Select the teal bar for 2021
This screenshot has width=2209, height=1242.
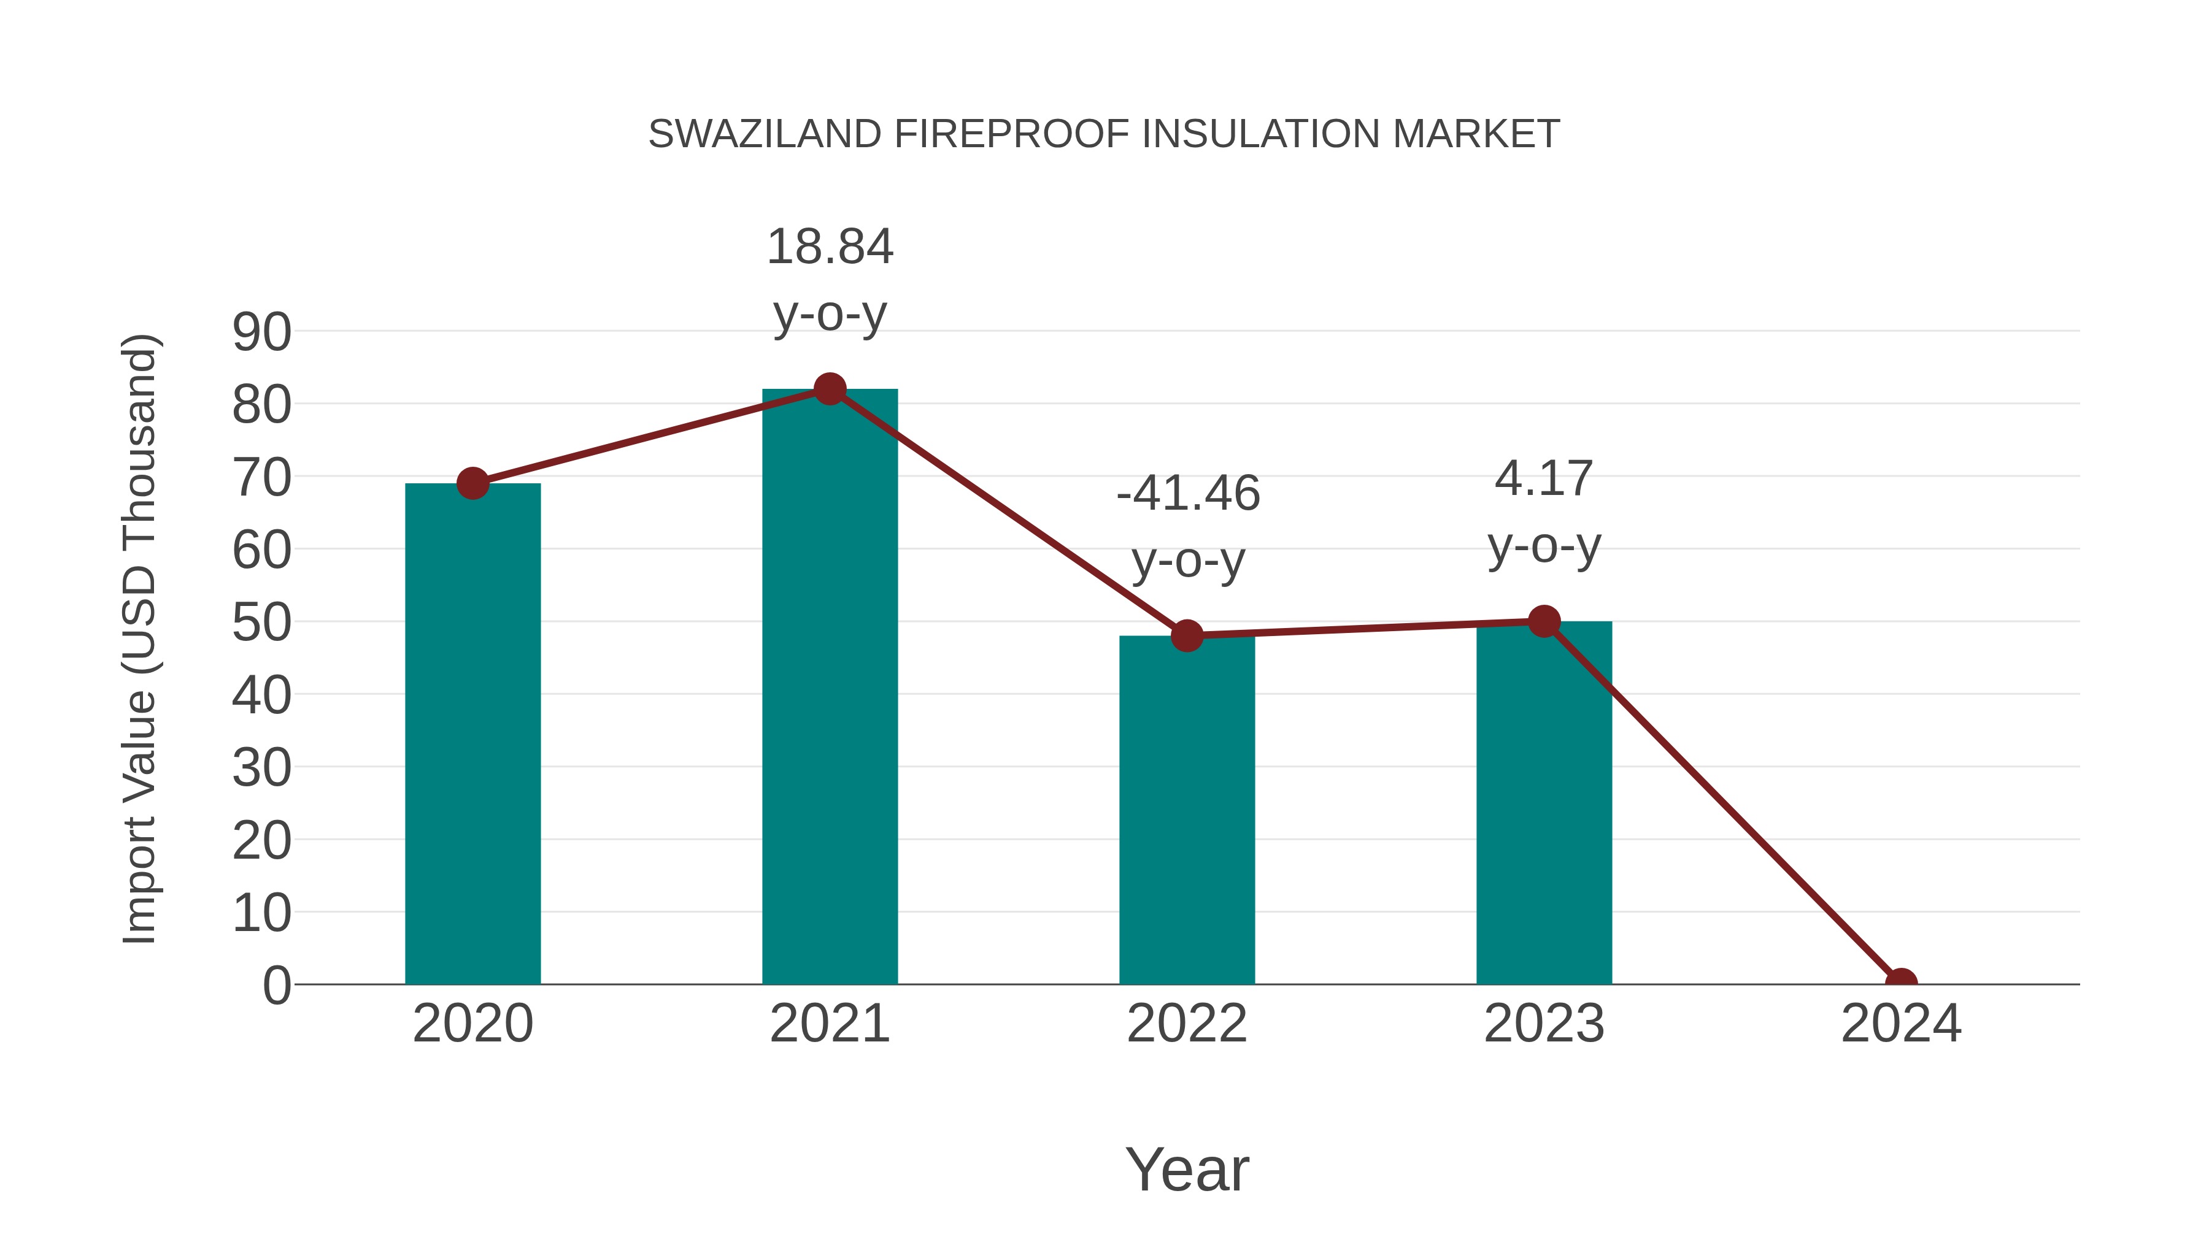(x=829, y=686)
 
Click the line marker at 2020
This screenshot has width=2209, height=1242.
(x=472, y=483)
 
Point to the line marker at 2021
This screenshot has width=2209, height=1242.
(x=829, y=389)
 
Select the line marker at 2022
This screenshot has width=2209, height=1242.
(x=1187, y=636)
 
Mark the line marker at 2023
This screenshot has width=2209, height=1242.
(x=1544, y=621)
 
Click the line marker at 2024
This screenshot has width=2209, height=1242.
(x=1901, y=983)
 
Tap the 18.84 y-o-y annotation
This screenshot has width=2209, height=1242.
(x=829, y=280)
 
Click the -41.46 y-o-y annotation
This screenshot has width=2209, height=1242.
(x=1188, y=526)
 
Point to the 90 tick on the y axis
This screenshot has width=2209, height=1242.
(x=261, y=332)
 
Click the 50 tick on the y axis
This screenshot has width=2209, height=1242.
(x=261, y=623)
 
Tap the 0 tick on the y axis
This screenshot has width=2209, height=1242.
(x=276, y=986)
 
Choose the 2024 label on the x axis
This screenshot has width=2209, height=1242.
(x=1901, y=1024)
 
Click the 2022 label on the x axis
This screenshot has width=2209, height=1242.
(x=1187, y=1024)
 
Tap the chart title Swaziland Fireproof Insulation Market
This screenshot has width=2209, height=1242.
(x=1104, y=134)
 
